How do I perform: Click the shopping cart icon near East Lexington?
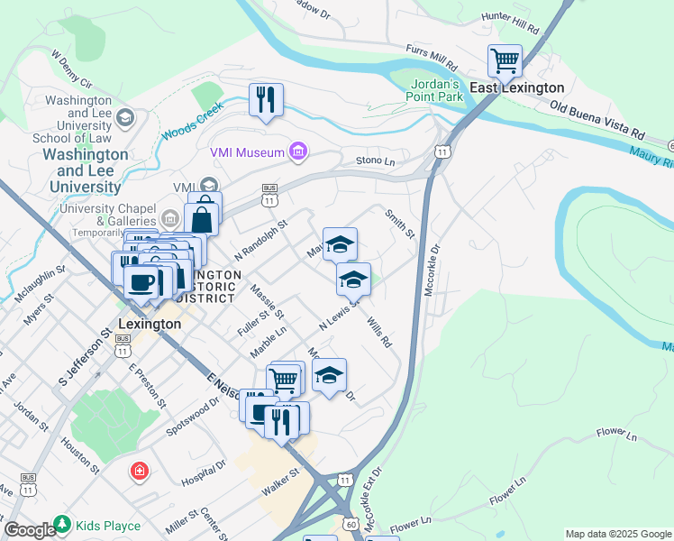[x=505, y=62]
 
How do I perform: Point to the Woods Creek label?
[x=192, y=124]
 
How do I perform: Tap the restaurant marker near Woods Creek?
[x=266, y=99]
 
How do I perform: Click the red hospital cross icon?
[x=139, y=471]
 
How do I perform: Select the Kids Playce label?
[x=108, y=526]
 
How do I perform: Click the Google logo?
[x=30, y=531]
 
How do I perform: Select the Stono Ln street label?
[x=376, y=161]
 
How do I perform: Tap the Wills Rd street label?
[x=380, y=333]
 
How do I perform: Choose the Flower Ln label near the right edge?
[x=618, y=433]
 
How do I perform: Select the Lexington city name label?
[x=150, y=323]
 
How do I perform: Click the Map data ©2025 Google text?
[x=618, y=534]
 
